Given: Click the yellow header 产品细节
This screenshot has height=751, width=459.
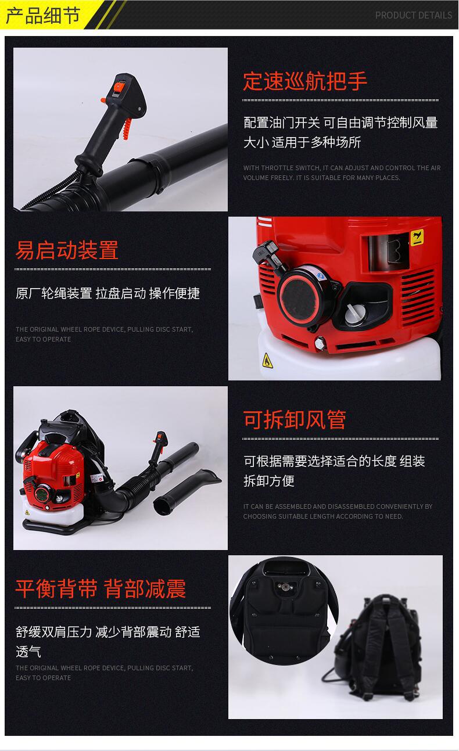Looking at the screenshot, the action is (x=43, y=16).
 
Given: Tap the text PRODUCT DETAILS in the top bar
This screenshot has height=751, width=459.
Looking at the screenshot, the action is (x=414, y=16).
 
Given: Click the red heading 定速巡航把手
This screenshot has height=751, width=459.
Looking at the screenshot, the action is (x=305, y=81).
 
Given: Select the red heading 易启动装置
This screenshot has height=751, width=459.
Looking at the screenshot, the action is (x=67, y=250).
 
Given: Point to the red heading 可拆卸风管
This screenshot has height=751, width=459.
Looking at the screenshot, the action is (x=295, y=419).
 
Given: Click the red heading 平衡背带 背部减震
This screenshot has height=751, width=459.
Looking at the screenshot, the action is (x=101, y=589).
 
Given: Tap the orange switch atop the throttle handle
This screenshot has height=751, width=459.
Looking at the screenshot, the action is (x=119, y=87).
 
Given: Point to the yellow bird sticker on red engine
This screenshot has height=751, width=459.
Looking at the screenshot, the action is (x=417, y=238).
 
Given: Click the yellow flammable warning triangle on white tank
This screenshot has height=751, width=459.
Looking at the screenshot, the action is (x=267, y=361).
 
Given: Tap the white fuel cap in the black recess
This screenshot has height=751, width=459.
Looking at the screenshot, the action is (x=353, y=313).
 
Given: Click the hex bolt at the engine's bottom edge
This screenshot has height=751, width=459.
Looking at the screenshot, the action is (x=320, y=343).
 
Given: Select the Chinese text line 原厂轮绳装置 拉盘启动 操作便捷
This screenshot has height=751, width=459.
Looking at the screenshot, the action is (x=107, y=293).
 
